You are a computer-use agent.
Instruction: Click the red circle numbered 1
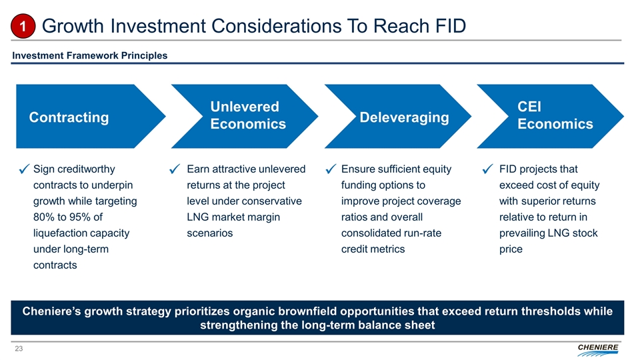tap(23, 26)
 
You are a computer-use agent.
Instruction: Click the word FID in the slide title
tap(451, 26)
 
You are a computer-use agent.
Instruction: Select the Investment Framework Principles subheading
tap(90, 55)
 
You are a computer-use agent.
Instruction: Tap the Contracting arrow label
tap(69, 117)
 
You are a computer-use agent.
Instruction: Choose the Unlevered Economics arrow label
tap(248, 115)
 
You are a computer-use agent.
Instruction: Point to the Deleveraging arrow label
tap(404, 117)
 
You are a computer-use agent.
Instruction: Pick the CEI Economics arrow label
tap(555, 115)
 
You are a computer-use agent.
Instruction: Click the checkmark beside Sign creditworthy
tap(24, 169)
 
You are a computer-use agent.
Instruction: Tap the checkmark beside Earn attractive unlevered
tap(175, 169)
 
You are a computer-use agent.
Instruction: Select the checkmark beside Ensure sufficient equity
tap(331, 169)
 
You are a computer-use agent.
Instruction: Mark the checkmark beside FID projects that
tap(487, 169)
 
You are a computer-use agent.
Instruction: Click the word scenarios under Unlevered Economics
tap(210, 233)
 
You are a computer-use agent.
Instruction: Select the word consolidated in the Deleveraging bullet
tap(370, 233)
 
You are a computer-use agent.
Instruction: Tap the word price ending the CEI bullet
tap(511, 249)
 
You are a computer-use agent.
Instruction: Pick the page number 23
tap(19, 349)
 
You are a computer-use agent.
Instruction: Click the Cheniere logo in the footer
tap(598, 350)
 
